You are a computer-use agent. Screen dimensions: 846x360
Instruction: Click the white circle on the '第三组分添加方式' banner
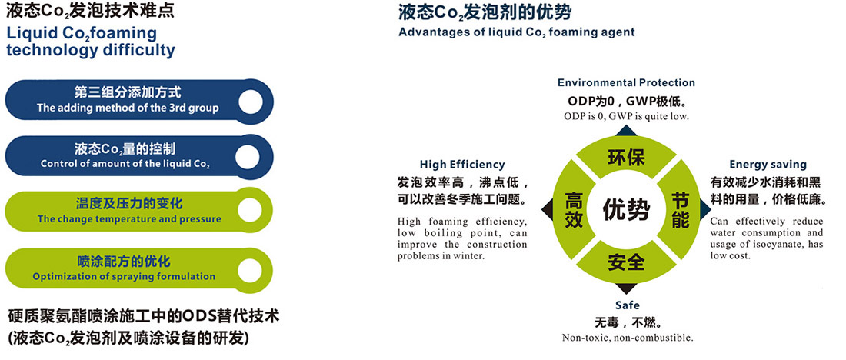[251, 102]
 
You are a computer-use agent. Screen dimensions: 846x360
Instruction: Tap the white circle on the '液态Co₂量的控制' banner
[248, 156]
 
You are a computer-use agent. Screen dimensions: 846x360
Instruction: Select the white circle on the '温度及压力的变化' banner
[248, 210]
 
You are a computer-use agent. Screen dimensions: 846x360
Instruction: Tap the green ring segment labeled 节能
[681, 209]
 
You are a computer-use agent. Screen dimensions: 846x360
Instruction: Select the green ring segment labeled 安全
[626, 262]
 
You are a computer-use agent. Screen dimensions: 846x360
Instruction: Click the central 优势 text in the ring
[626, 209]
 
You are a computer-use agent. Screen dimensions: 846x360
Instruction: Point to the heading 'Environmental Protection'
[626, 82]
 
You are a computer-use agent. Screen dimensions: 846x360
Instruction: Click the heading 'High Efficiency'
[462, 165]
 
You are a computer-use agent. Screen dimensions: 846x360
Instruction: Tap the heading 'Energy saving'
[768, 165]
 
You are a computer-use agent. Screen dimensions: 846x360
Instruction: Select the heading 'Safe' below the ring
[628, 305]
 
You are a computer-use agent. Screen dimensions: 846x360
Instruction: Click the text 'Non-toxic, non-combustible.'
[628, 338]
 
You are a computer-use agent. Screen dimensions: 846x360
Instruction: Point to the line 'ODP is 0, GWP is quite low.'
[626, 116]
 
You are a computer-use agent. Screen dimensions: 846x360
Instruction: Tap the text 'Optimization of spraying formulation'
[124, 277]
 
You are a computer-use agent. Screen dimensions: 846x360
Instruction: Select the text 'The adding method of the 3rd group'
[128, 108]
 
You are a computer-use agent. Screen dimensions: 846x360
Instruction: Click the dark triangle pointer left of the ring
[547, 209]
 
